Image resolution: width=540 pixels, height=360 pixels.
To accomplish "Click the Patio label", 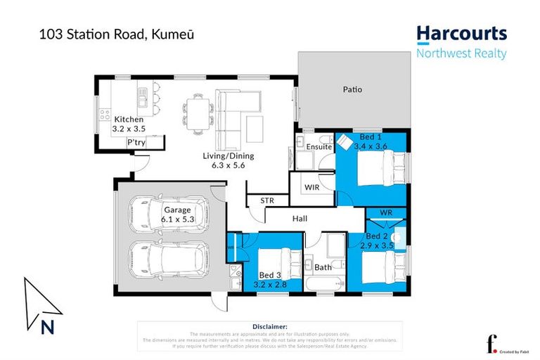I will (352, 90).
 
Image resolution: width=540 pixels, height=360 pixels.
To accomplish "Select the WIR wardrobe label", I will (311, 187).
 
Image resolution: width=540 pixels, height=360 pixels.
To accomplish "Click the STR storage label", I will (267, 200).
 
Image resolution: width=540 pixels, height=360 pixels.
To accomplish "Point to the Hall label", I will (300, 219).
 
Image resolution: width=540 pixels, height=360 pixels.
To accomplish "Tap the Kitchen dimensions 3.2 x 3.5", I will (129, 129).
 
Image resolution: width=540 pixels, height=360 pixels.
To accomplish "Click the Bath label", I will (323, 268).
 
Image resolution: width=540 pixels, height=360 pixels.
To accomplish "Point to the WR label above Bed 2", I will (386, 212).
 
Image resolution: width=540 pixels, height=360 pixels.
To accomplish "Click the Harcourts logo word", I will (461, 34).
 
